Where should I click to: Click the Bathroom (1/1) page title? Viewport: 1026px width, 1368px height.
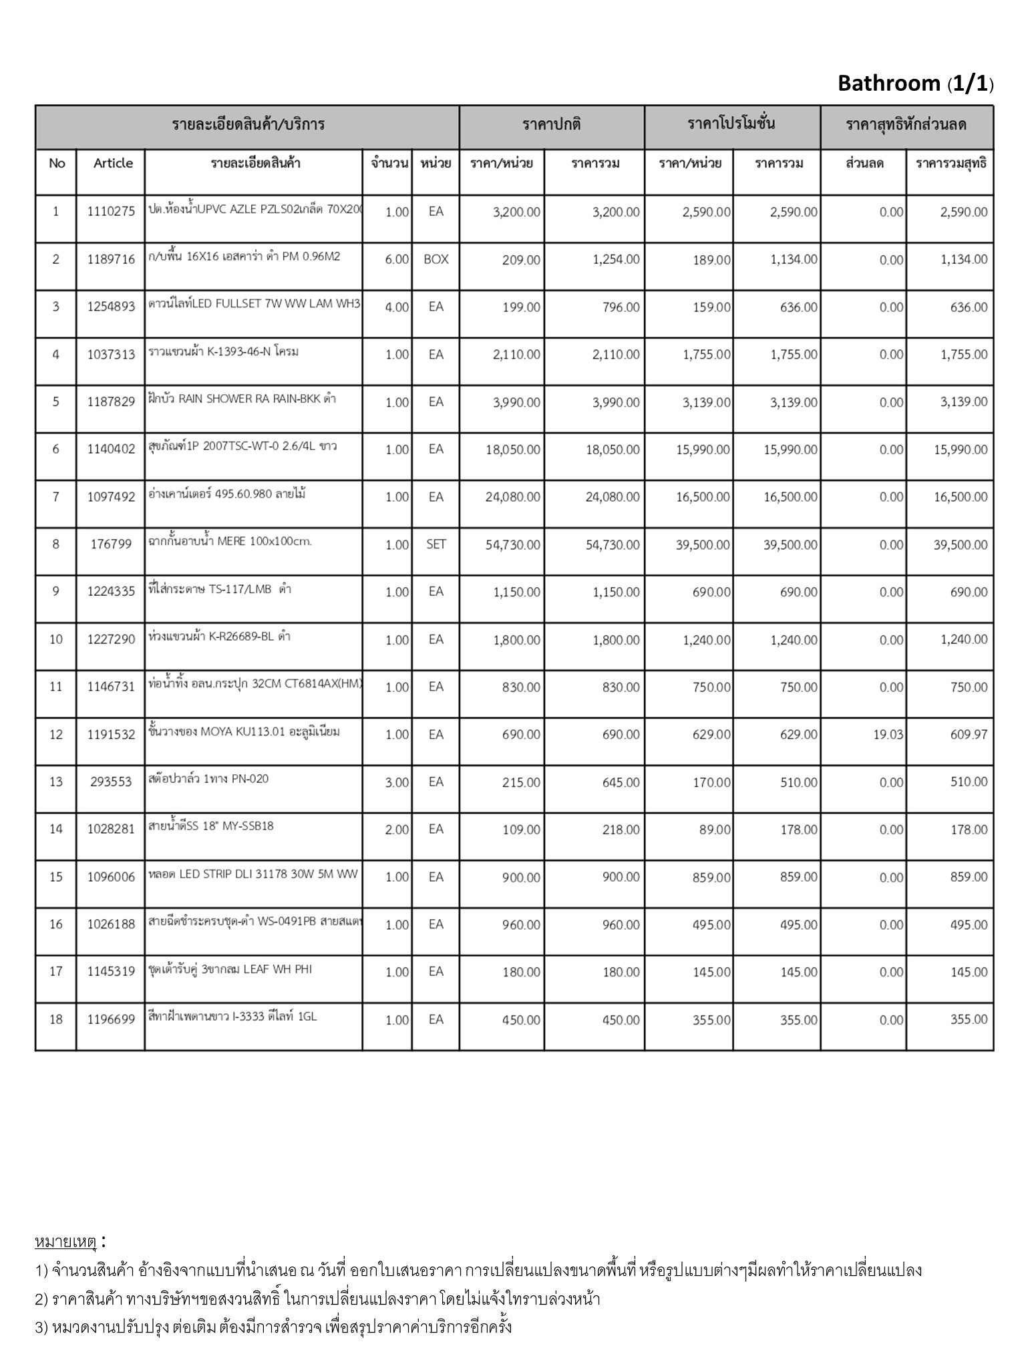(915, 83)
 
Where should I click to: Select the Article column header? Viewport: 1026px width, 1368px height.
(113, 163)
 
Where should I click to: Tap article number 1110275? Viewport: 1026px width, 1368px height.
(111, 212)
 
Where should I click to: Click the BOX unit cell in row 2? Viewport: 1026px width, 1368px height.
(436, 259)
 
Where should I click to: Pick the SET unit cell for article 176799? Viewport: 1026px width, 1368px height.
(436, 544)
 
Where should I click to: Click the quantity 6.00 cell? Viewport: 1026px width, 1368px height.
(397, 259)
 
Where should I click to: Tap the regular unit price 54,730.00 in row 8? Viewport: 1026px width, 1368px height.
(513, 545)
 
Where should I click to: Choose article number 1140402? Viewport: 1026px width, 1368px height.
(111, 450)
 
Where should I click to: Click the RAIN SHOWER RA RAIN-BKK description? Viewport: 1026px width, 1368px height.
(242, 399)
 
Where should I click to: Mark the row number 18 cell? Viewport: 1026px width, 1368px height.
(56, 1019)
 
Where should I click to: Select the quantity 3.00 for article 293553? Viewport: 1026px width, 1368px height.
(397, 782)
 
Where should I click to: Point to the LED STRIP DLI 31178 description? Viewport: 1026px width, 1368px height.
(253, 874)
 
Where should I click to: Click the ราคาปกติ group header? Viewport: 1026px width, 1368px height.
(552, 124)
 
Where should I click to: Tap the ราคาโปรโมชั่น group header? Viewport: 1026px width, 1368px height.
(731, 124)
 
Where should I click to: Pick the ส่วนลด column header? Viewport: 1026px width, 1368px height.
(864, 163)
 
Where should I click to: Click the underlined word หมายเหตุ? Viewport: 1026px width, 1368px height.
(66, 1242)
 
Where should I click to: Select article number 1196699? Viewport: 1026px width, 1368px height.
(111, 1019)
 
